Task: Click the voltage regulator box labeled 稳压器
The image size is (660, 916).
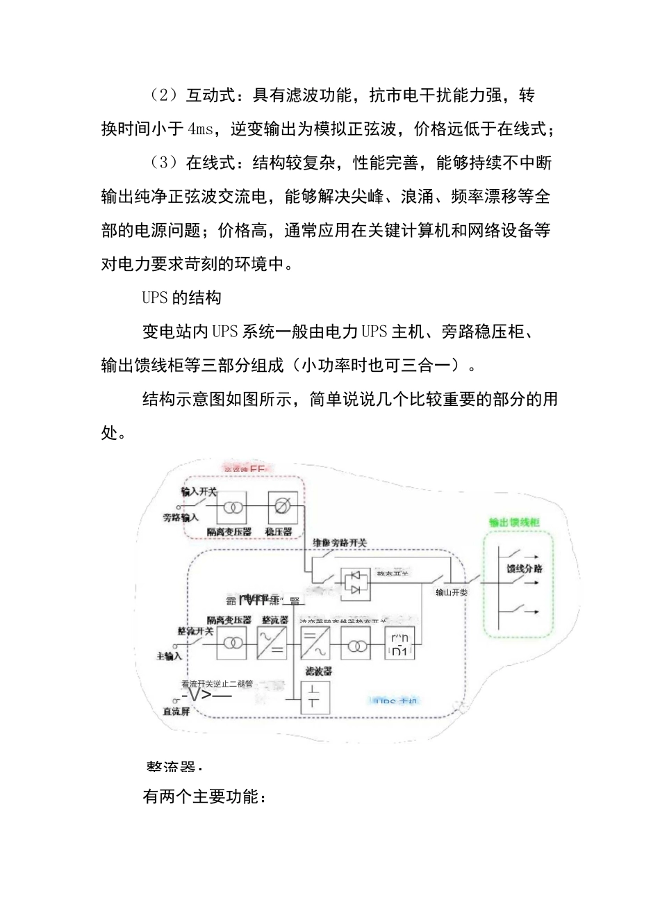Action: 283,508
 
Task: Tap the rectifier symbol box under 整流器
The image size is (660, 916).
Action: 272,644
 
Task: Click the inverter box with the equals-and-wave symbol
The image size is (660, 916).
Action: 315,644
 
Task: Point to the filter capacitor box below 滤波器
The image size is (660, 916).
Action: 315,696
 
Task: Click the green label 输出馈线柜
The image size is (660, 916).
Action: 514,523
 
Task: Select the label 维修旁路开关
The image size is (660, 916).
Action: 340,543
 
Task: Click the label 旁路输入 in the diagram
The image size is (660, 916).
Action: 181,518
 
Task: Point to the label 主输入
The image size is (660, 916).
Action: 169,656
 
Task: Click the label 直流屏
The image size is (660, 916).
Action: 176,712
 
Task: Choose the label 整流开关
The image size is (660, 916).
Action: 195,631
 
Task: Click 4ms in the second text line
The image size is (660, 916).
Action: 201,129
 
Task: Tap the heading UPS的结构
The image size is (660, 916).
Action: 181,298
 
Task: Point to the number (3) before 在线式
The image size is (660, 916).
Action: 163,163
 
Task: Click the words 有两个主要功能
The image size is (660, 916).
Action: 201,797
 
